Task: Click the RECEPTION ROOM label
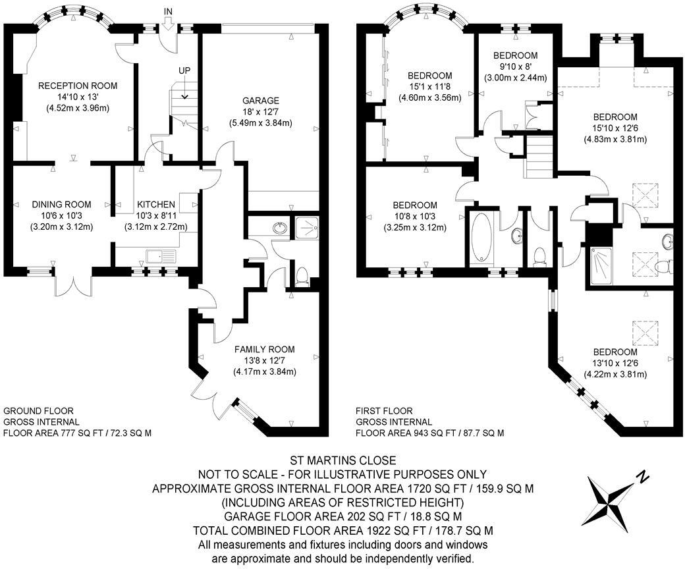pyautogui.click(x=78, y=86)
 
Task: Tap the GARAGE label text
pyautogui.click(x=261, y=101)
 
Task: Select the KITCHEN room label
pyautogui.click(x=156, y=204)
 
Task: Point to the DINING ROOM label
pyautogui.click(x=62, y=204)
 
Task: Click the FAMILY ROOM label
pyautogui.click(x=265, y=349)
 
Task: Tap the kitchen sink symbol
pyautogui.click(x=161, y=256)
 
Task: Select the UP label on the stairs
pyautogui.click(x=184, y=70)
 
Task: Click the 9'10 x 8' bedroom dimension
pyautogui.click(x=516, y=67)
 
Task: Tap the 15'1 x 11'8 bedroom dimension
pyautogui.click(x=430, y=86)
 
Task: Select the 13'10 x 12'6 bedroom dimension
pyautogui.click(x=615, y=364)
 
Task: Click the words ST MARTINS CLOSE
pyautogui.click(x=343, y=460)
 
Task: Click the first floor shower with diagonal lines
pyautogui.click(x=601, y=266)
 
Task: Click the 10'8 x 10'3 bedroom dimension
pyautogui.click(x=415, y=216)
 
